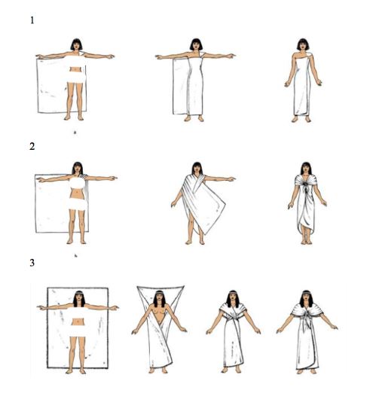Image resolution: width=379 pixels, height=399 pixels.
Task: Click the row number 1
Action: click(x=32, y=20)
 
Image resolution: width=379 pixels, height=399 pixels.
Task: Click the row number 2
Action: click(x=32, y=146)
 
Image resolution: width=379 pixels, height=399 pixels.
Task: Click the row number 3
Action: click(x=32, y=263)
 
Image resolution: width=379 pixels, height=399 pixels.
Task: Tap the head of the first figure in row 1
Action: click(x=76, y=44)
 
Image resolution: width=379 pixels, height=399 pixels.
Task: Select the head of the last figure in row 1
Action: click(x=303, y=44)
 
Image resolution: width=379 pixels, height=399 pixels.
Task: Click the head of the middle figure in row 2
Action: click(x=197, y=169)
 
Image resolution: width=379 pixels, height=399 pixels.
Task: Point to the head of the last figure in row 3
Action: click(x=306, y=298)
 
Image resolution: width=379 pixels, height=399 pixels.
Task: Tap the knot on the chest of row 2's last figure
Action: click(x=306, y=187)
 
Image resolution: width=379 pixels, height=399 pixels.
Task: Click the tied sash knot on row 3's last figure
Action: click(x=307, y=317)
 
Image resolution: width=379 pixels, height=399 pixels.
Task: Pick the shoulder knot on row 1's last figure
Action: click(x=309, y=56)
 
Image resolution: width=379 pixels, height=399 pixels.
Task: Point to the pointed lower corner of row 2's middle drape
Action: click(x=203, y=233)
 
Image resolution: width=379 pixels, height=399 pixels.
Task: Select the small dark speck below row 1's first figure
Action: click(x=75, y=132)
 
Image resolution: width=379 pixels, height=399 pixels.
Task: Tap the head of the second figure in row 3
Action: click(x=159, y=298)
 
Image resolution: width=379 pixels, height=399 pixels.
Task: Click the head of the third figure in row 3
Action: click(x=233, y=298)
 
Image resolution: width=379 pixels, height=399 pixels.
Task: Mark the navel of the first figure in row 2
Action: click(x=76, y=193)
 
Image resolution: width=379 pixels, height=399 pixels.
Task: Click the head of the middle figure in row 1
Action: click(x=196, y=44)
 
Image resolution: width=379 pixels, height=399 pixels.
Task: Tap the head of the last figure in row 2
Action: click(x=306, y=169)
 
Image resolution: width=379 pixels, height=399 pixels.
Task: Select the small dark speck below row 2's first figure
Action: click(x=75, y=255)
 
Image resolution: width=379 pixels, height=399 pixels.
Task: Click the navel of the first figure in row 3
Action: click(x=78, y=322)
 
